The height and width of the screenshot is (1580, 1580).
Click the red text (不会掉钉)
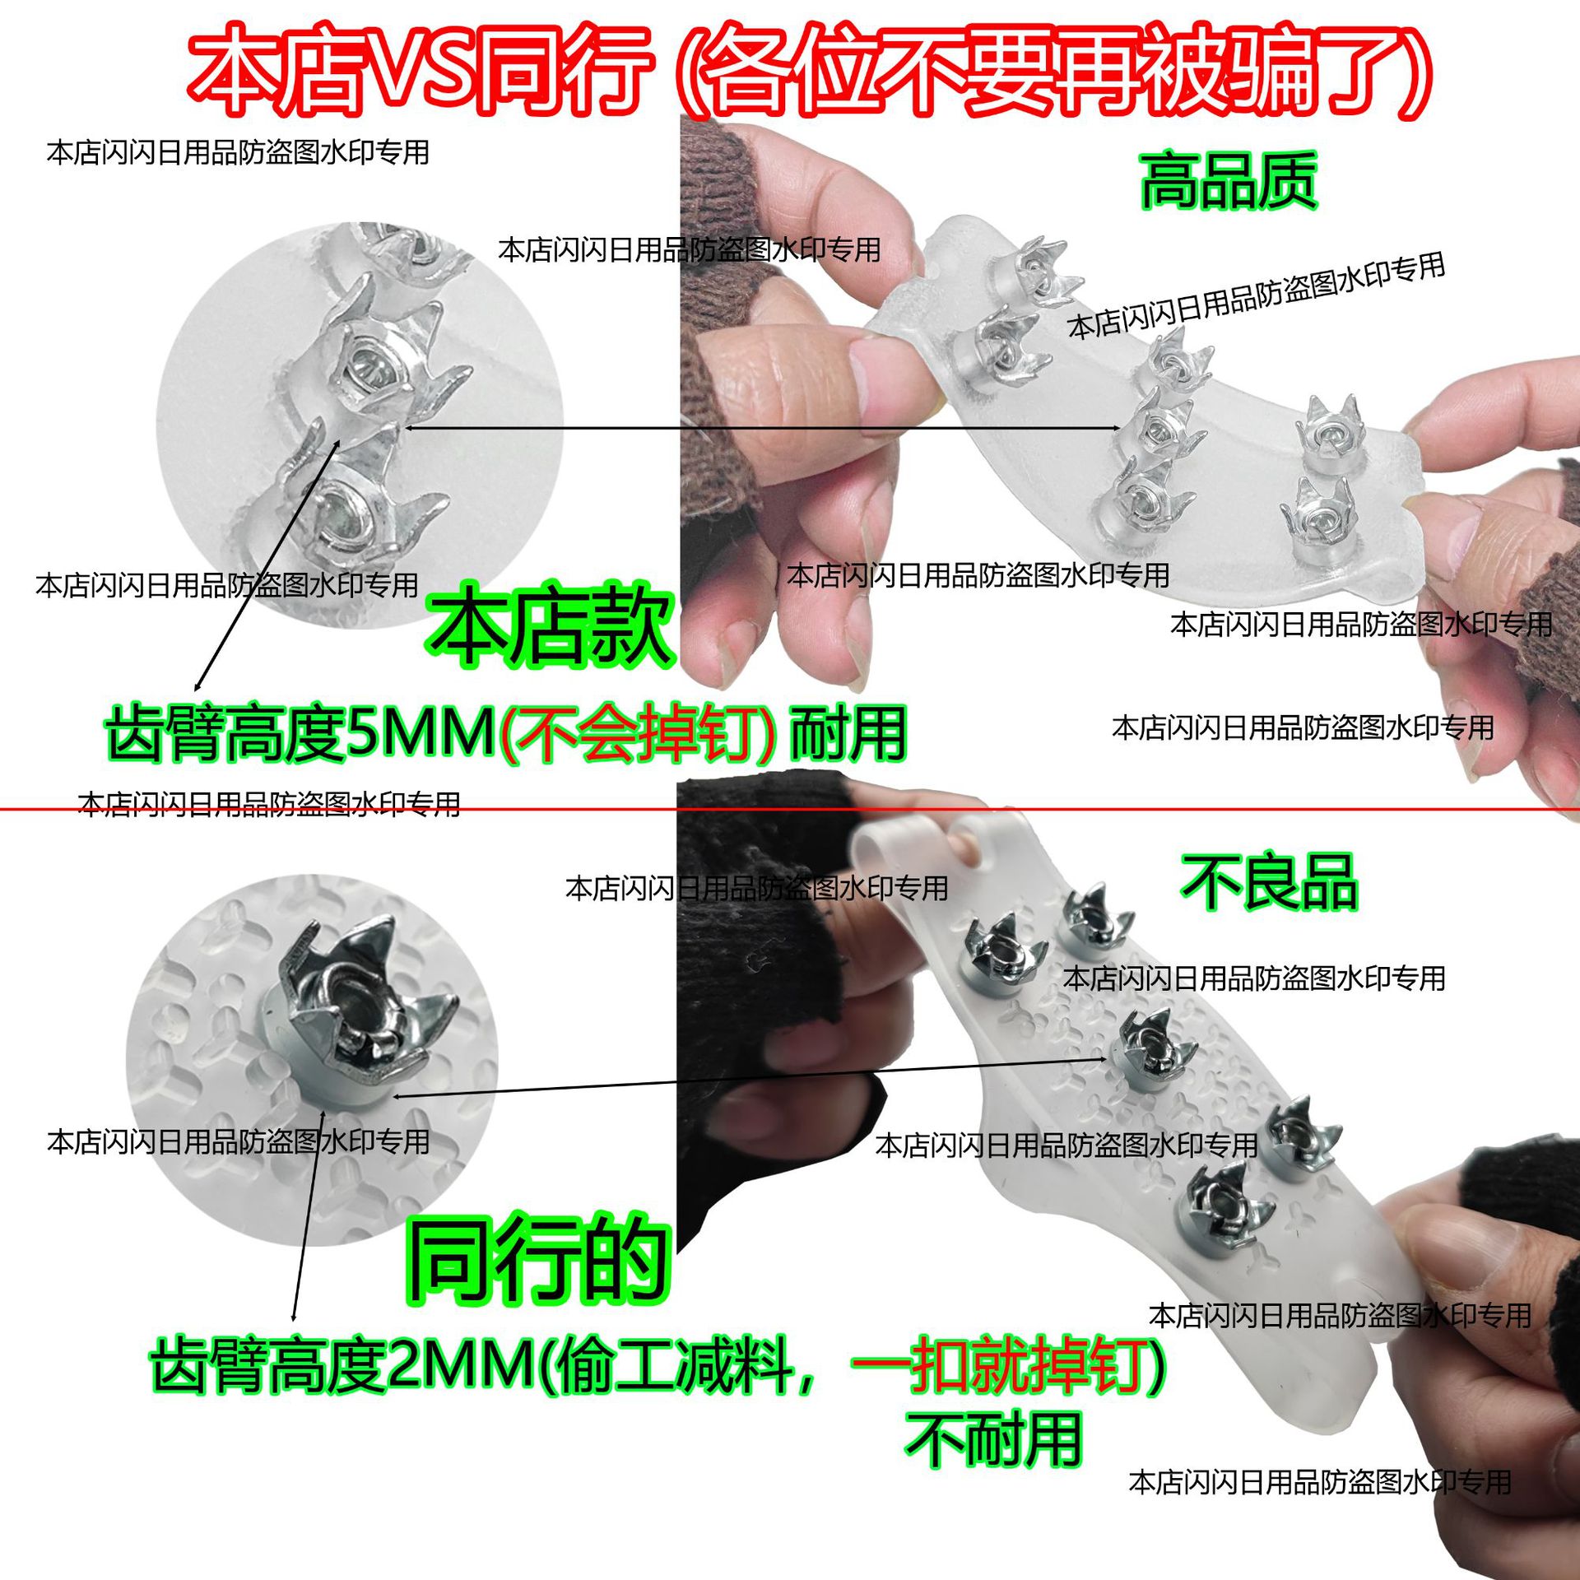[638, 733]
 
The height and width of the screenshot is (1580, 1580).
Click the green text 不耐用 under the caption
[992, 1440]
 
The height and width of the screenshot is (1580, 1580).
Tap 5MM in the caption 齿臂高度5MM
[420, 733]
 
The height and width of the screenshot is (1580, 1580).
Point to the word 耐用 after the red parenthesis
[848, 733]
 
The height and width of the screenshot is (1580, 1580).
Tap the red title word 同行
[568, 70]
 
